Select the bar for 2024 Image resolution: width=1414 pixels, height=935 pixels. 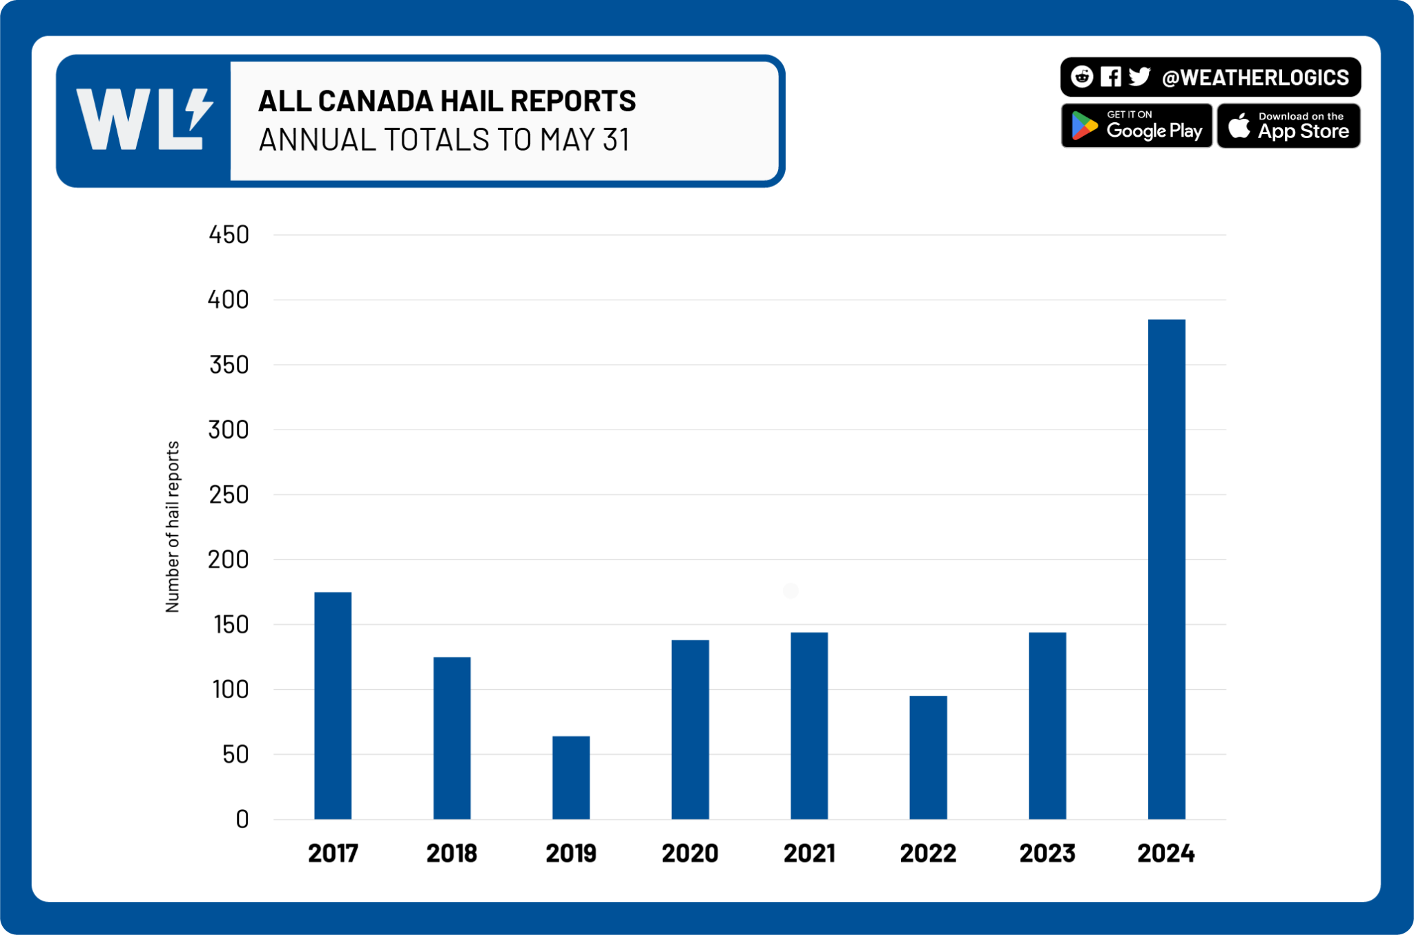point(1166,569)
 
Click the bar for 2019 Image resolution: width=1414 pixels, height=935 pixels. point(571,778)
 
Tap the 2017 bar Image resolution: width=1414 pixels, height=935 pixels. point(333,705)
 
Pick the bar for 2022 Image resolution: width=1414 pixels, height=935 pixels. point(928,757)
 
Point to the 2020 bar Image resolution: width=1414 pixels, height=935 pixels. point(690,729)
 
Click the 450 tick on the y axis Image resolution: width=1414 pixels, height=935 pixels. point(229,235)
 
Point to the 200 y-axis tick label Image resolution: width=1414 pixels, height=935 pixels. point(229,559)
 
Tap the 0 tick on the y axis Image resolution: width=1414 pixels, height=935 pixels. point(242,820)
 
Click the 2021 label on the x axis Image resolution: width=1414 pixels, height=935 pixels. point(809,854)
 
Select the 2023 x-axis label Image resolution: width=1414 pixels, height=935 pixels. point(1047,854)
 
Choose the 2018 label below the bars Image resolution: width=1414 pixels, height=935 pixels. point(452,854)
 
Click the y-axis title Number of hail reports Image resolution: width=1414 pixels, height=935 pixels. point(172,526)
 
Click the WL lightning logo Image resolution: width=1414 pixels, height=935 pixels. point(144,119)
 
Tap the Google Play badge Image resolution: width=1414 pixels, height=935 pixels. point(1136,126)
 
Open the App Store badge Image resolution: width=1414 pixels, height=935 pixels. point(1288,126)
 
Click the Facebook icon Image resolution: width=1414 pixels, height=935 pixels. point(1110,77)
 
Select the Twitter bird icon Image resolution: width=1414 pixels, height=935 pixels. point(1139,77)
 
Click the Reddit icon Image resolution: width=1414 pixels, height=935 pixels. point(1082,77)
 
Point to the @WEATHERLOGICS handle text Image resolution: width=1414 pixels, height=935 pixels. point(1255,77)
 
